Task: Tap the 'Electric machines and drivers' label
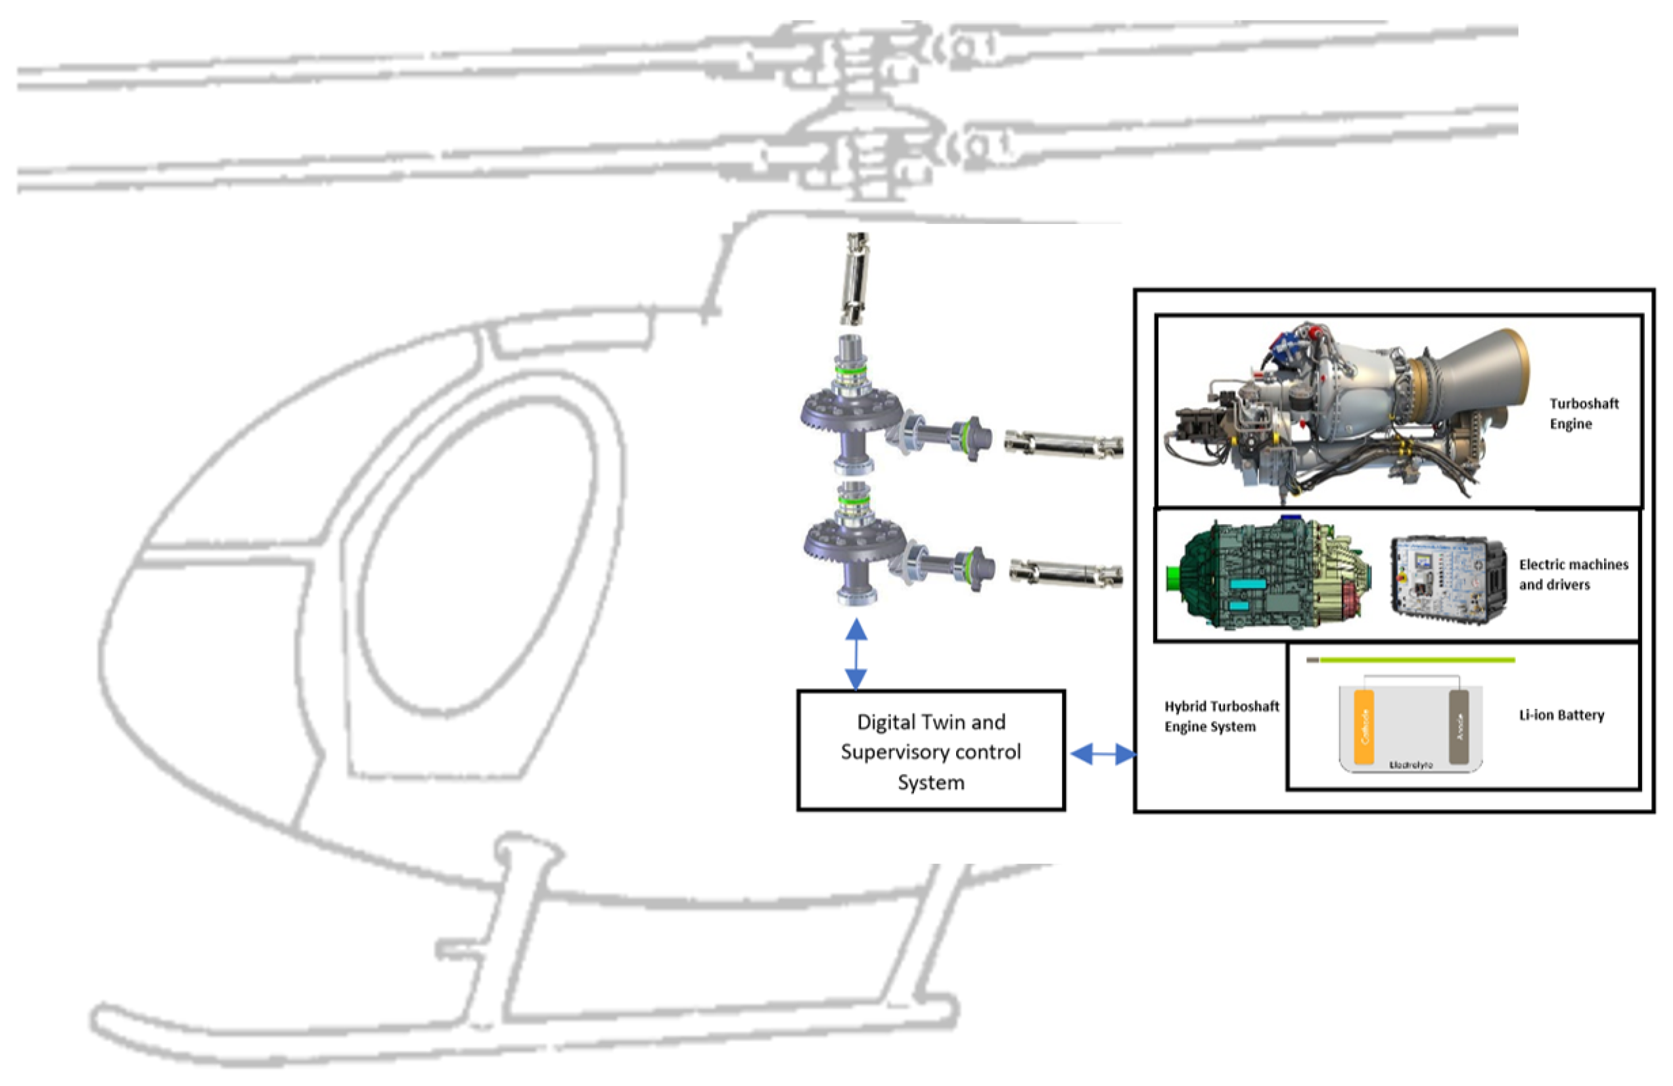(x=1572, y=574)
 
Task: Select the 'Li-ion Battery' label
(x=1561, y=715)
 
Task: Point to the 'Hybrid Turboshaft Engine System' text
(x=1221, y=716)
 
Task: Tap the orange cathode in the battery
(x=1364, y=727)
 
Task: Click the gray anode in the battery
(x=1459, y=727)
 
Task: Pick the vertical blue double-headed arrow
(x=856, y=654)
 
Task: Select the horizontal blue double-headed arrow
(x=1102, y=754)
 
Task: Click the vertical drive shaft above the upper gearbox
(x=856, y=279)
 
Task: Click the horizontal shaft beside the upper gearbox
(x=1063, y=443)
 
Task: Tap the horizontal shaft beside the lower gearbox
(x=1066, y=573)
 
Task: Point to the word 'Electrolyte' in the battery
(x=1411, y=764)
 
